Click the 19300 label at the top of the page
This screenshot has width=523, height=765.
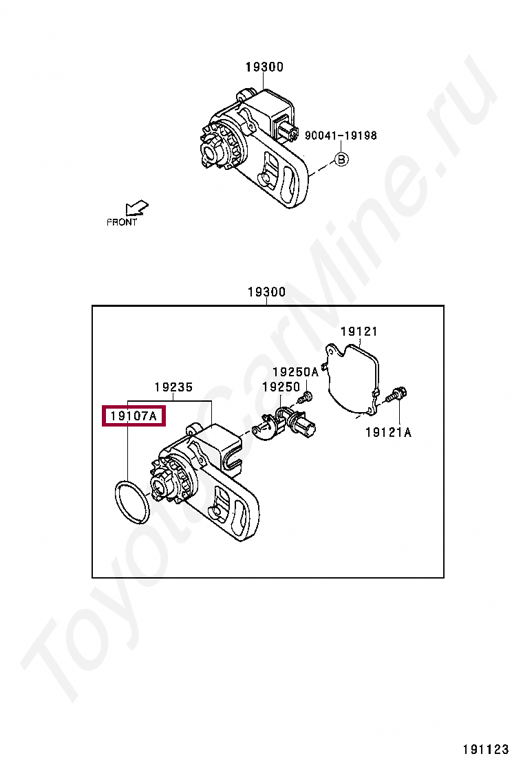tap(264, 67)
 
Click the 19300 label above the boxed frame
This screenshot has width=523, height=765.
tap(266, 292)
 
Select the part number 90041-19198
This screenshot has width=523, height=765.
tap(341, 136)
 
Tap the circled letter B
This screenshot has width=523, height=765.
tap(341, 160)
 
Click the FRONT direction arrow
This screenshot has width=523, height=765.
tap(138, 208)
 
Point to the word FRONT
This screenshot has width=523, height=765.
tap(122, 222)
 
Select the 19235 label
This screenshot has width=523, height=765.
tap(173, 387)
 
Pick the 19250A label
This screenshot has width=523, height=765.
tap(295, 372)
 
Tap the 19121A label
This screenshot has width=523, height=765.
tap(388, 432)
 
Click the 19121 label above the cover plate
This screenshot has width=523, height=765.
tap(359, 332)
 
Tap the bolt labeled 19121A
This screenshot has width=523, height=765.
tap(397, 395)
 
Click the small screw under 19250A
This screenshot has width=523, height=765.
tap(307, 397)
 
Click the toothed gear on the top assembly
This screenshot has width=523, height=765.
tap(218, 147)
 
